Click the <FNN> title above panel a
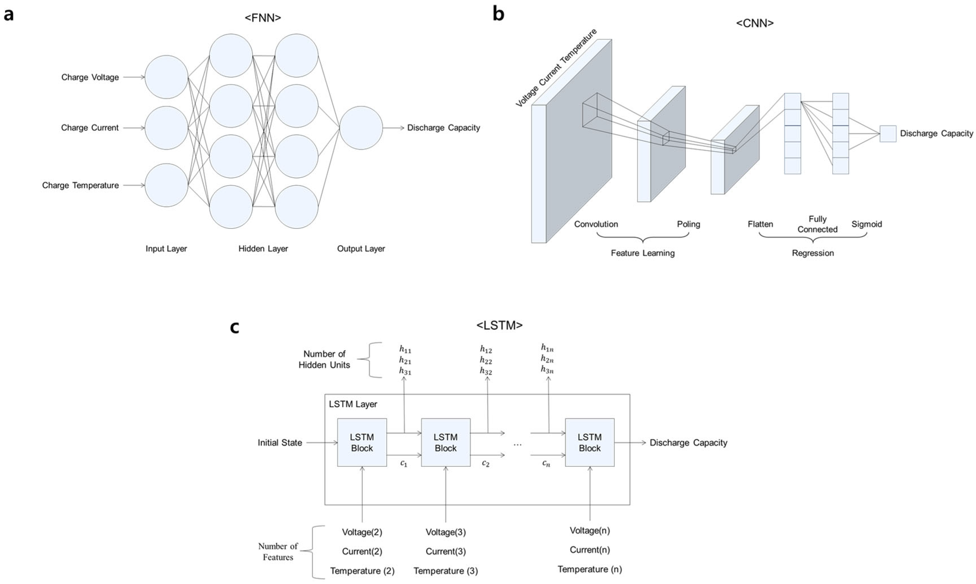tap(263, 18)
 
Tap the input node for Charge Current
tap(166, 128)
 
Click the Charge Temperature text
tap(80, 185)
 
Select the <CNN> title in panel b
tap(754, 23)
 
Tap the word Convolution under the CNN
tap(596, 224)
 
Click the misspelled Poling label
tap(688, 224)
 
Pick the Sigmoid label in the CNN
tap(866, 224)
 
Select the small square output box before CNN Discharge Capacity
tap(887, 134)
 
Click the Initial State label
tap(280, 443)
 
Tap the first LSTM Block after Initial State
tap(362, 442)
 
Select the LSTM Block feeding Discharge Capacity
tap(589, 442)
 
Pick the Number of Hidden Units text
tap(324, 359)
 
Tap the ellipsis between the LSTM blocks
tap(517, 444)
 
